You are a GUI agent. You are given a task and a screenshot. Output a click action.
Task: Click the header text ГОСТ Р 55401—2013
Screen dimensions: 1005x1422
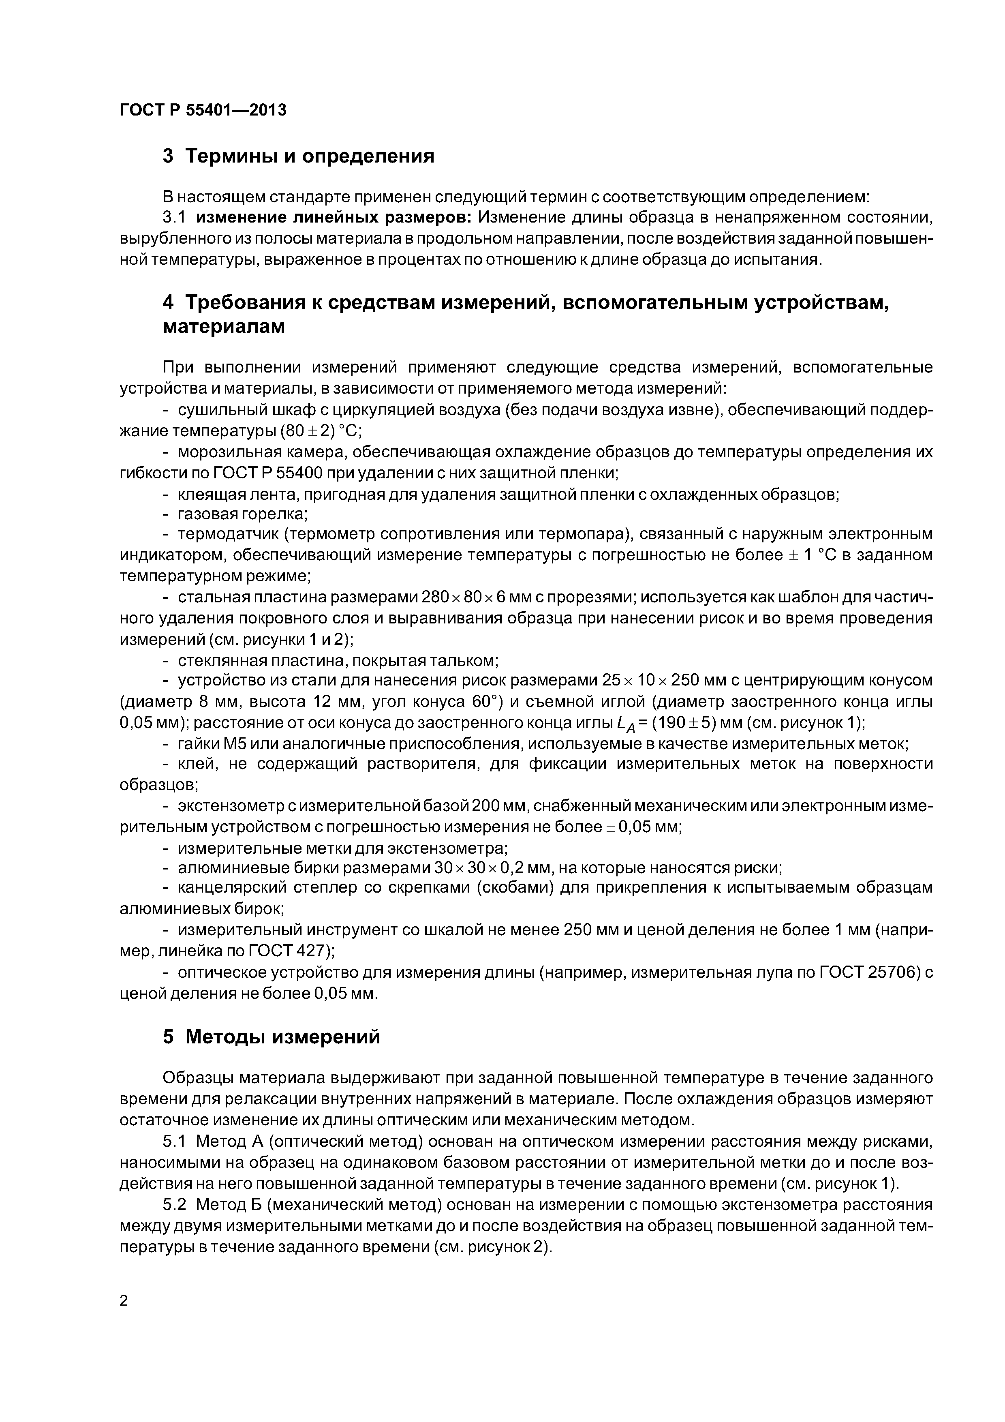[x=203, y=110]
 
